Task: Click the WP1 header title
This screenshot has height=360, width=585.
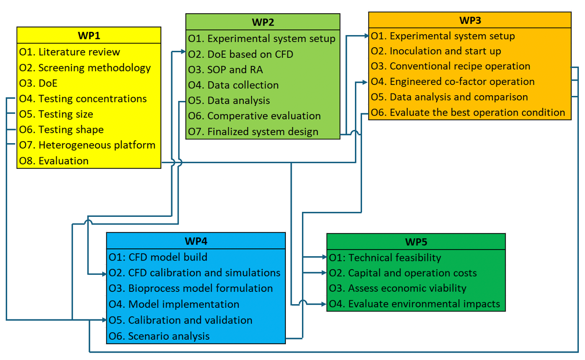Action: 89,36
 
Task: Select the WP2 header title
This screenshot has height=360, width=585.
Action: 263,22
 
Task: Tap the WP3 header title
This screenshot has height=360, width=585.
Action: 470,21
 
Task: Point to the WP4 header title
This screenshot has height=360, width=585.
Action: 196,241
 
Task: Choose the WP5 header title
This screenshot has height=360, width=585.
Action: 416,242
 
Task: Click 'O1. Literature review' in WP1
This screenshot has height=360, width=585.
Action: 70,52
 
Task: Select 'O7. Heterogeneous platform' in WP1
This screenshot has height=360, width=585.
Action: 87,145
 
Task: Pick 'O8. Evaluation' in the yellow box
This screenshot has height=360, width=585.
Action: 54,161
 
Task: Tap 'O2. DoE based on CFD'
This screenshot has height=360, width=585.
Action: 240,54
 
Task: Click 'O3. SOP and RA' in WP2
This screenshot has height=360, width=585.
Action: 225,70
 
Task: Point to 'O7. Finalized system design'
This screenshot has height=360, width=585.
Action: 253,132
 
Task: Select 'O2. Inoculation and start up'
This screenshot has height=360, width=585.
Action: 436,51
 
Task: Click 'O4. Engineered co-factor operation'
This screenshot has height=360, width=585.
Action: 453,82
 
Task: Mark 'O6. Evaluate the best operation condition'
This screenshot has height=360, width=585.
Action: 468,113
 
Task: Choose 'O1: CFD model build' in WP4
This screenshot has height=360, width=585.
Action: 158,257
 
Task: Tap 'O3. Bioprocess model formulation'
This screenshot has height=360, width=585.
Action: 191,288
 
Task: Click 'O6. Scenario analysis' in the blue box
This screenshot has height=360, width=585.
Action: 159,336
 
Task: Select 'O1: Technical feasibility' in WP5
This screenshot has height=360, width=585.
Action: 385,258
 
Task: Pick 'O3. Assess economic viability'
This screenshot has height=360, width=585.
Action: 398,288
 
